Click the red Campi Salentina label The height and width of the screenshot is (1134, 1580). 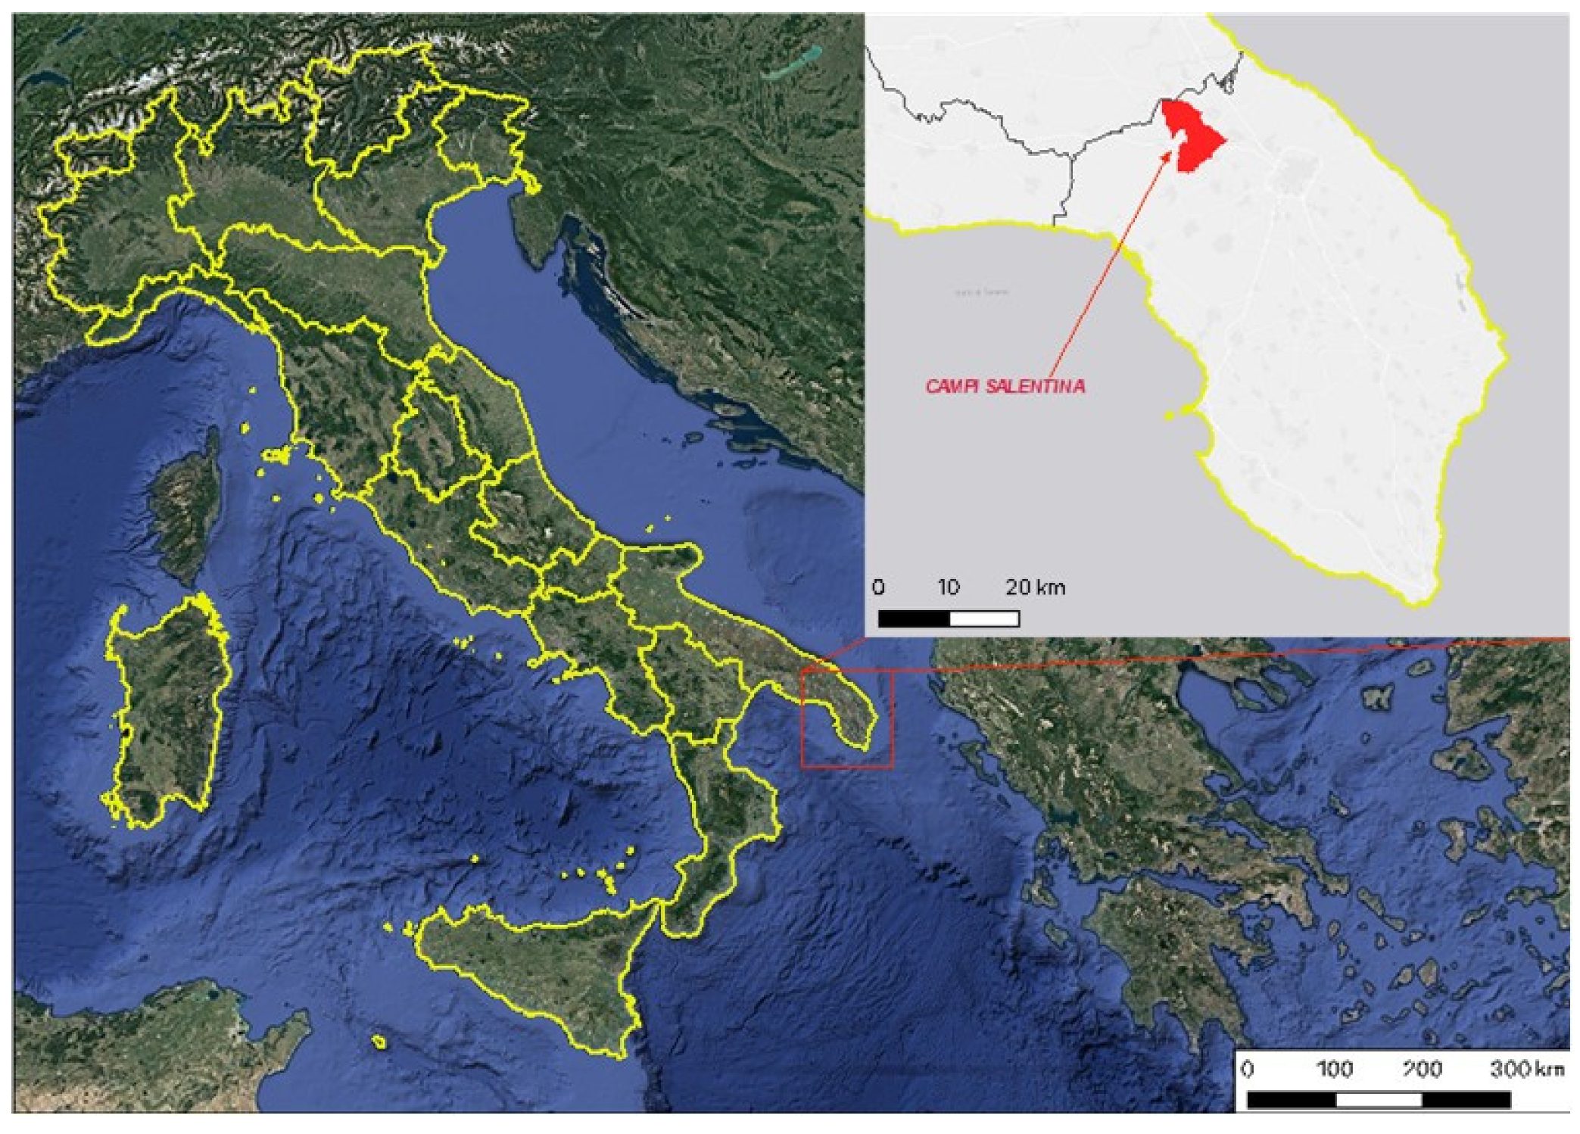click(1005, 386)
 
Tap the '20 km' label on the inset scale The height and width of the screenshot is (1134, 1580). click(1035, 587)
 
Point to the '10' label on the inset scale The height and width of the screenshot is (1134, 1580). click(948, 587)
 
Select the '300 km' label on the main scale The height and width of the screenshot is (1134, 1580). click(1525, 1068)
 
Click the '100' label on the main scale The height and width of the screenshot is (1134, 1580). click(1334, 1068)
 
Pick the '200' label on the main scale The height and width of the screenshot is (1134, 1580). click(1421, 1068)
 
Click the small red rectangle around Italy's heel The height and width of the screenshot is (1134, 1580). click(847, 718)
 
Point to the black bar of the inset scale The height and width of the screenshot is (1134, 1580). click(913, 618)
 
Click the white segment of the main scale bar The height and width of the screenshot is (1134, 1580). click(1378, 1099)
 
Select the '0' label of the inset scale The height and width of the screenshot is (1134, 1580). click(878, 587)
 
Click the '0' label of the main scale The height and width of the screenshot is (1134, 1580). click(1248, 1068)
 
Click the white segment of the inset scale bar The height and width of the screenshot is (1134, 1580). click(983, 618)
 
